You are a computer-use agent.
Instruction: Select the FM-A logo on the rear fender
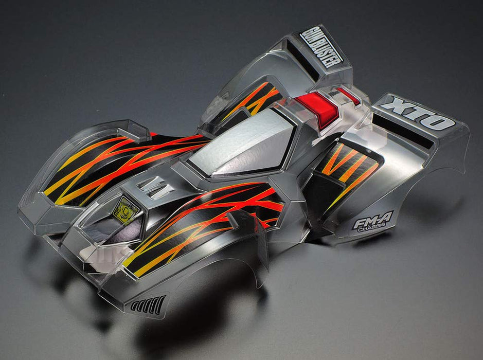click(x=373, y=221)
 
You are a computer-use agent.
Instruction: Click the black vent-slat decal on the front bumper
click(x=148, y=305)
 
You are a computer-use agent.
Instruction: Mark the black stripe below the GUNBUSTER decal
click(x=303, y=60)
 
